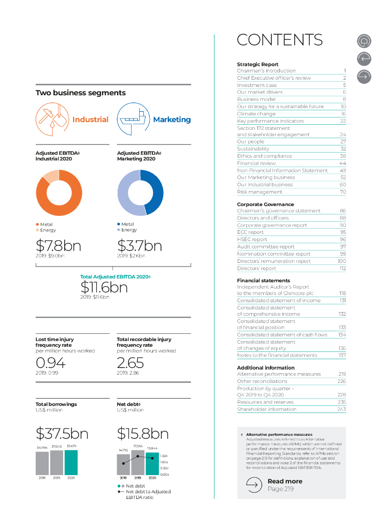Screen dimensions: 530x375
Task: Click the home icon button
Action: [364, 41]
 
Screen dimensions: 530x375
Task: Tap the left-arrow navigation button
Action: [364, 58]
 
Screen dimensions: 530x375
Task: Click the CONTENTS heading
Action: [280, 40]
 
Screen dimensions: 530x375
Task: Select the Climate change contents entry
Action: [256, 114]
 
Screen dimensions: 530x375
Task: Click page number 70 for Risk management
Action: [342, 192]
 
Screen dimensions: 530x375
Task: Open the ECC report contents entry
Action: [251, 232]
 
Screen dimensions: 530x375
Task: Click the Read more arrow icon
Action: [254, 484]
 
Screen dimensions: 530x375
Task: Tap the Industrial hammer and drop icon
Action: [51, 119]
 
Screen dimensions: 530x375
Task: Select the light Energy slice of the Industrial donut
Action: [51, 176]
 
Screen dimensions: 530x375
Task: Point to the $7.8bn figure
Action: [58, 246]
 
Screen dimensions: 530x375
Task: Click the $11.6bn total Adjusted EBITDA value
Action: [104, 287]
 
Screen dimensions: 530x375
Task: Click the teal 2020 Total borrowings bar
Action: [71, 462]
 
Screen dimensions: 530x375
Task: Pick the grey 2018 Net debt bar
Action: [123, 464]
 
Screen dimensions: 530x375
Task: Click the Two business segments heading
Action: [80, 93]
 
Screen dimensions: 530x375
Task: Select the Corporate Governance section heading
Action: [265, 204]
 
